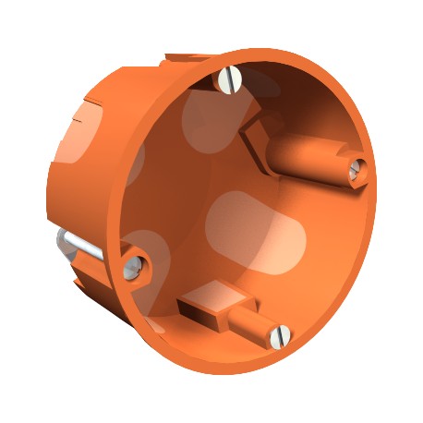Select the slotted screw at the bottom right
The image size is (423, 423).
[280, 335]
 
